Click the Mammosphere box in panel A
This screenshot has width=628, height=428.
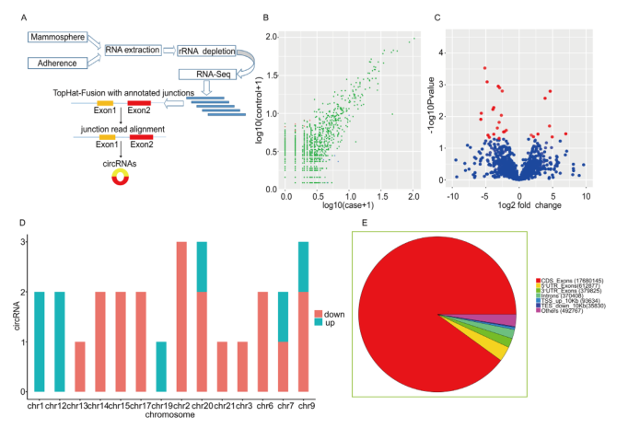[52, 38]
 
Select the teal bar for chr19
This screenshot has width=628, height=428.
[160, 366]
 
